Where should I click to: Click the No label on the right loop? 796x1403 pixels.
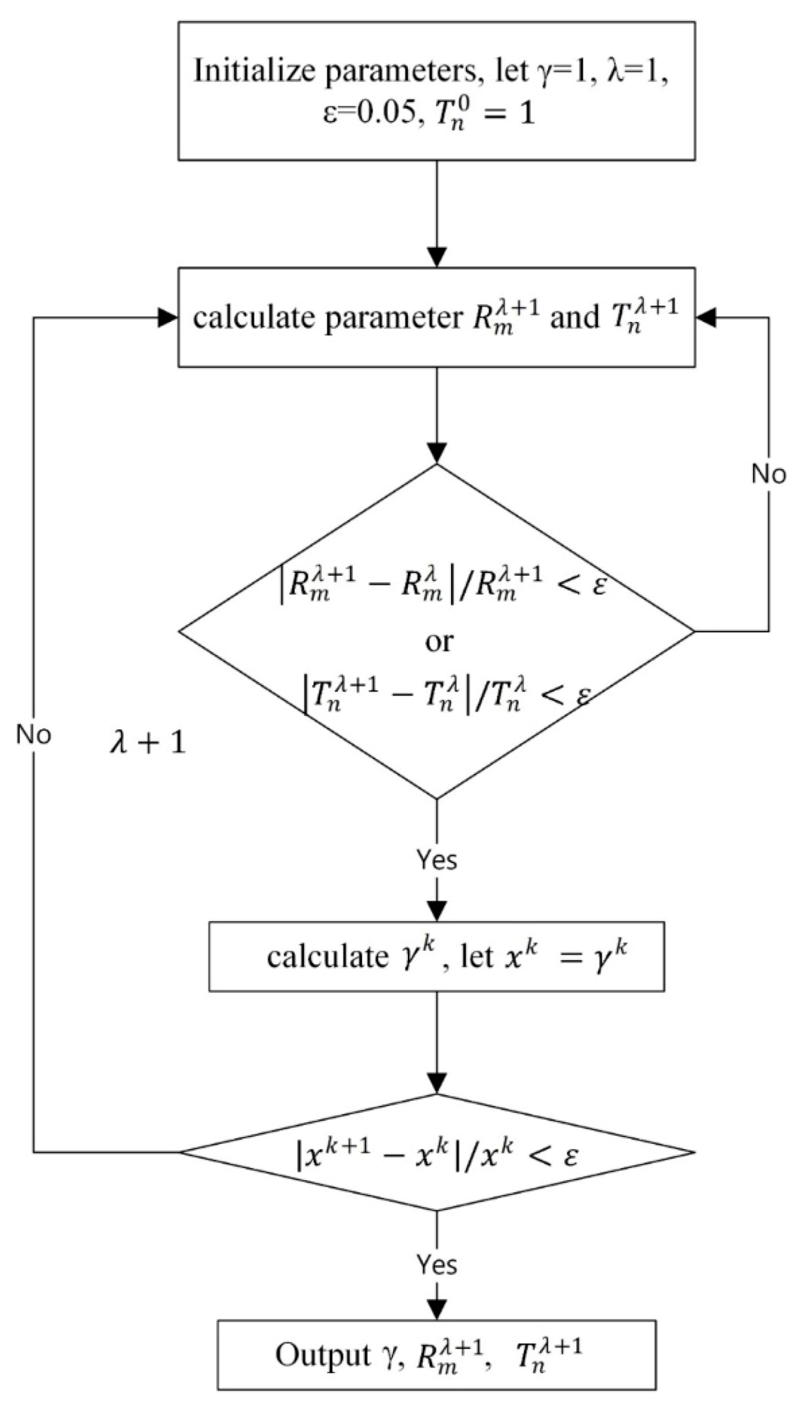[768, 474]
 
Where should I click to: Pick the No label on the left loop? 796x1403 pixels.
[34, 735]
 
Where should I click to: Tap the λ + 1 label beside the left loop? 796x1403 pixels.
[147, 744]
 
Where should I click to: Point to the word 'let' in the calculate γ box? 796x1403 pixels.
[476, 957]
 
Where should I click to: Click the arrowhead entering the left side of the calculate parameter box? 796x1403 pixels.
[168, 318]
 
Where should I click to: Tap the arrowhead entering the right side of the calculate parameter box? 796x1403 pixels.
[706, 318]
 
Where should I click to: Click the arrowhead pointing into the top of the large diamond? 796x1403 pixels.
[438, 453]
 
